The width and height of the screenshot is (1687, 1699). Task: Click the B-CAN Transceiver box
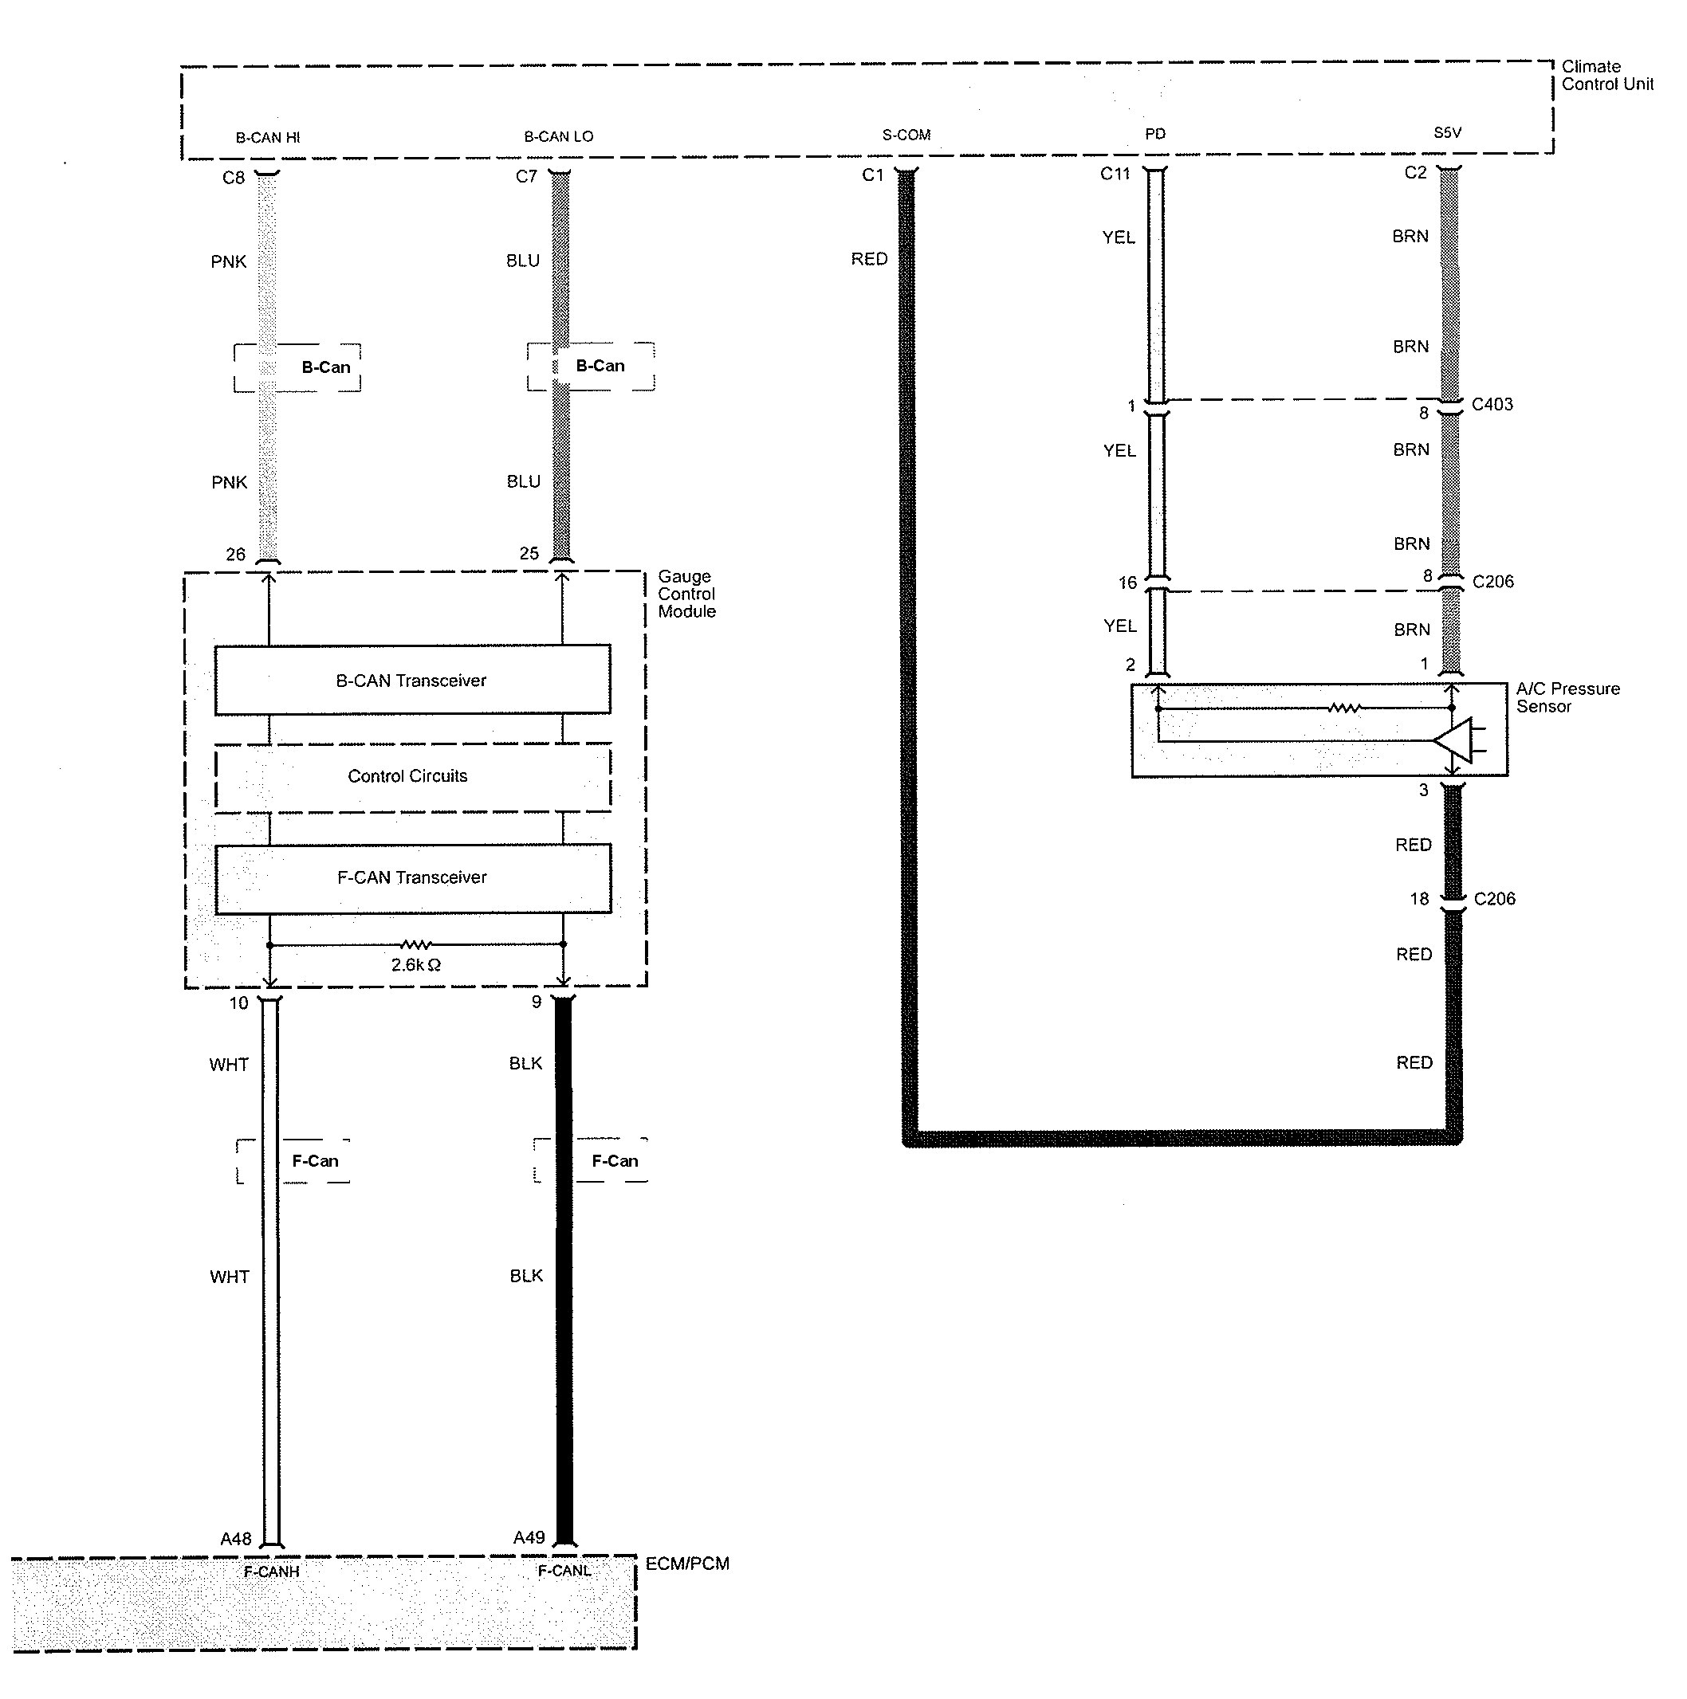click(x=411, y=680)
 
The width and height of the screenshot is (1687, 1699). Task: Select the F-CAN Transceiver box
click(x=411, y=877)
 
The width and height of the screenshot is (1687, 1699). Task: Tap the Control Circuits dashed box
click(x=408, y=776)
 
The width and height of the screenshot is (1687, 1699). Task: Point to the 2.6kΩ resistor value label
click(x=416, y=965)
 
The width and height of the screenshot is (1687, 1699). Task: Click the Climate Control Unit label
click(x=1607, y=76)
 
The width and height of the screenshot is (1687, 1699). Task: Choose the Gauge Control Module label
click(x=686, y=594)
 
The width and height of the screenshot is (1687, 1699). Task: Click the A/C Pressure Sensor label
click(x=1567, y=697)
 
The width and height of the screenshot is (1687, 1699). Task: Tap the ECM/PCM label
click(x=687, y=1564)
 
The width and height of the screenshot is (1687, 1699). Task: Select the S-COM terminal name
click(x=906, y=135)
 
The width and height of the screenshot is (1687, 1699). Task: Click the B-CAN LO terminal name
click(x=559, y=136)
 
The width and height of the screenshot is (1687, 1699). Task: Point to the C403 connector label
click(x=1492, y=405)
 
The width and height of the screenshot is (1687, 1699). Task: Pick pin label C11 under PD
click(x=1115, y=174)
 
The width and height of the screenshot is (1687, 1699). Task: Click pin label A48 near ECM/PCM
click(x=236, y=1539)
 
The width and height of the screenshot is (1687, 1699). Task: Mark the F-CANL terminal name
click(x=564, y=1571)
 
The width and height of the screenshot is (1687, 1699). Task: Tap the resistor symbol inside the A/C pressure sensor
click(x=1344, y=708)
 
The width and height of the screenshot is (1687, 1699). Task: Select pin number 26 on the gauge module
click(x=236, y=554)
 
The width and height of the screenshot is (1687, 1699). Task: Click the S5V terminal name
click(x=1447, y=133)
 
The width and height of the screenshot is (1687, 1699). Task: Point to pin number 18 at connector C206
click(x=1419, y=899)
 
